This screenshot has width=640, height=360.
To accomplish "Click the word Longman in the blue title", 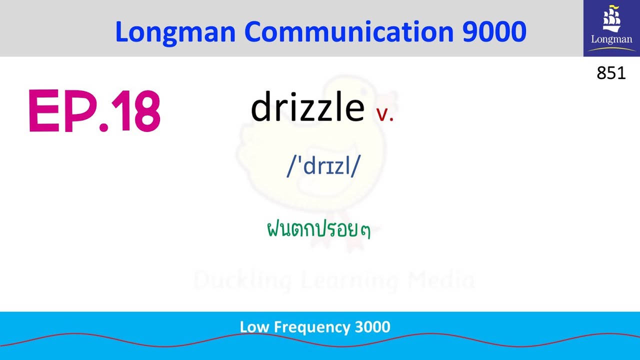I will [x=175, y=32].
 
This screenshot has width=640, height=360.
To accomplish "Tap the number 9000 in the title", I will [x=494, y=32].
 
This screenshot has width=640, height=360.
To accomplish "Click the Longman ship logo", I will [x=611, y=28].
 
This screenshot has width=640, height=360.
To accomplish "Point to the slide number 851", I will [x=611, y=73].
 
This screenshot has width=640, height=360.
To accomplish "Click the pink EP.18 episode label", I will [x=94, y=111].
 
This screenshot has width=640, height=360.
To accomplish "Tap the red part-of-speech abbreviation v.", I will [x=385, y=114].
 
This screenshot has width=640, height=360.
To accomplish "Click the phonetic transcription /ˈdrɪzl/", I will [x=323, y=166].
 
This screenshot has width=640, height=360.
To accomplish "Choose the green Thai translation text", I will [x=318, y=230].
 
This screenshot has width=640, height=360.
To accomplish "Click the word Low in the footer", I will [x=252, y=327].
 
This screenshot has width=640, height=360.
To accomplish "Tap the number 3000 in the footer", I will [x=372, y=327].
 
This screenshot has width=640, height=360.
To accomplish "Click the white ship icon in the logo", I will [x=611, y=19].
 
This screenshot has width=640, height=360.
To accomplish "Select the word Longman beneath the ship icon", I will [x=611, y=39].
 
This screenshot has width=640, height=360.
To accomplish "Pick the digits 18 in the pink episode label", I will [x=136, y=111].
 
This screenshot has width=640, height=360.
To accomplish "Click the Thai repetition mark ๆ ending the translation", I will [x=365, y=231].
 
